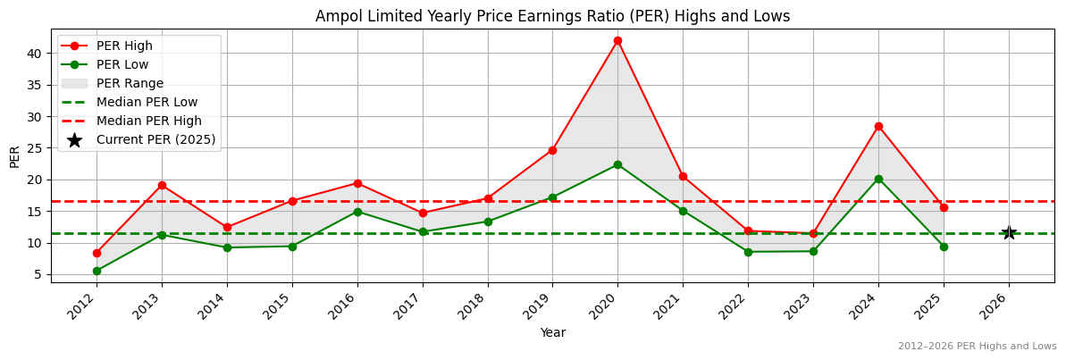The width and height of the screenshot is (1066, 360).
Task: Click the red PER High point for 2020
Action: click(617, 40)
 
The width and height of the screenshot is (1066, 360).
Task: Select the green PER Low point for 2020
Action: click(617, 164)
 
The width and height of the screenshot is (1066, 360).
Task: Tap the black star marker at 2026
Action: click(1009, 232)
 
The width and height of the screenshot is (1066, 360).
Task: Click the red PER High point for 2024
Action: click(878, 126)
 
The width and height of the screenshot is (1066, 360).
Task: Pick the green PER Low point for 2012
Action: click(97, 271)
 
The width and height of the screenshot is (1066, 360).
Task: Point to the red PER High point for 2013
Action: click(162, 185)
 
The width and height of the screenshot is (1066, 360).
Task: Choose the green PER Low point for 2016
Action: click(357, 212)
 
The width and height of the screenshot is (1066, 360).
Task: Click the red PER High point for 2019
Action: click(552, 150)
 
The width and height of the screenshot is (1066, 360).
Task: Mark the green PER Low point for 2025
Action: click(944, 247)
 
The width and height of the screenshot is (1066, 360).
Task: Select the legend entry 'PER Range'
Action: click(130, 83)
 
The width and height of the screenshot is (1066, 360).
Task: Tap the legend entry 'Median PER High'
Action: click(148, 121)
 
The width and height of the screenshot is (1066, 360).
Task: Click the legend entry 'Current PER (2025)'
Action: click(155, 139)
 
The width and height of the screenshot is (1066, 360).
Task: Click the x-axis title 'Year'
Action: click(552, 332)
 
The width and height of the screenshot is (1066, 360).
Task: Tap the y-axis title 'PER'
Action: click(14, 156)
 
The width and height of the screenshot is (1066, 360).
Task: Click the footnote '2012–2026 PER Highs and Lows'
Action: click(977, 346)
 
